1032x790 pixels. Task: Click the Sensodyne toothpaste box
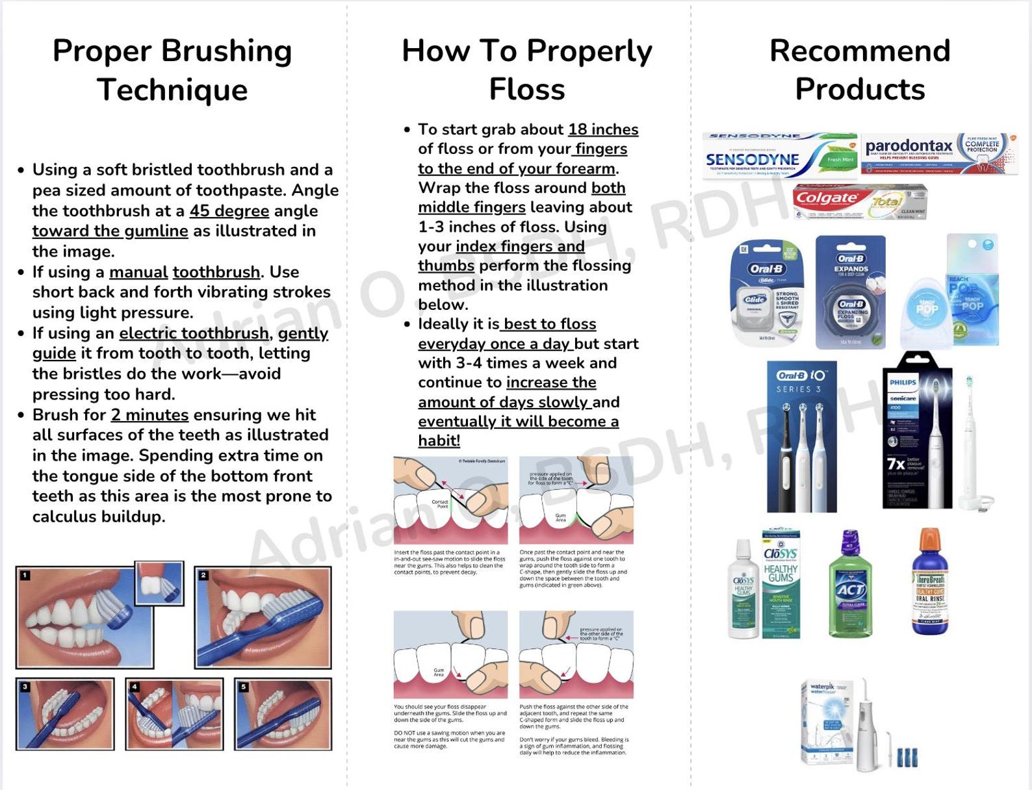click(780, 156)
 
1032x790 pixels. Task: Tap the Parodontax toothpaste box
click(938, 153)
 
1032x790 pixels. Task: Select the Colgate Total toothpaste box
click(859, 202)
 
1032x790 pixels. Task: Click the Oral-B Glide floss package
click(767, 292)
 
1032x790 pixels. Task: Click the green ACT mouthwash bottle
click(850, 585)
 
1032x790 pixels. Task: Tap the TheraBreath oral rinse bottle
click(930, 581)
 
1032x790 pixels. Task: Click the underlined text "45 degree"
click(229, 211)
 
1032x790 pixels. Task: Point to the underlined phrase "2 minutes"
click(149, 414)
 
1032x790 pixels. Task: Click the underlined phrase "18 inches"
click(603, 129)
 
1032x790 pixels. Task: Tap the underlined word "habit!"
click(439, 440)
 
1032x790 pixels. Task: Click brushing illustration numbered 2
click(263, 617)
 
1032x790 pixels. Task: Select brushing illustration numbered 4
click(174, 714)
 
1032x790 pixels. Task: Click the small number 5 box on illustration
click(243, 687)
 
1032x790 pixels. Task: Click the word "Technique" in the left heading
click(172, 90)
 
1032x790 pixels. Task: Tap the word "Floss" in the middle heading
click(526, 90)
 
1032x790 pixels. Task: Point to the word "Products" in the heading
click(859, 90)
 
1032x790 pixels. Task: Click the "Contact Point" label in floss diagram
click(440, 503)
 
